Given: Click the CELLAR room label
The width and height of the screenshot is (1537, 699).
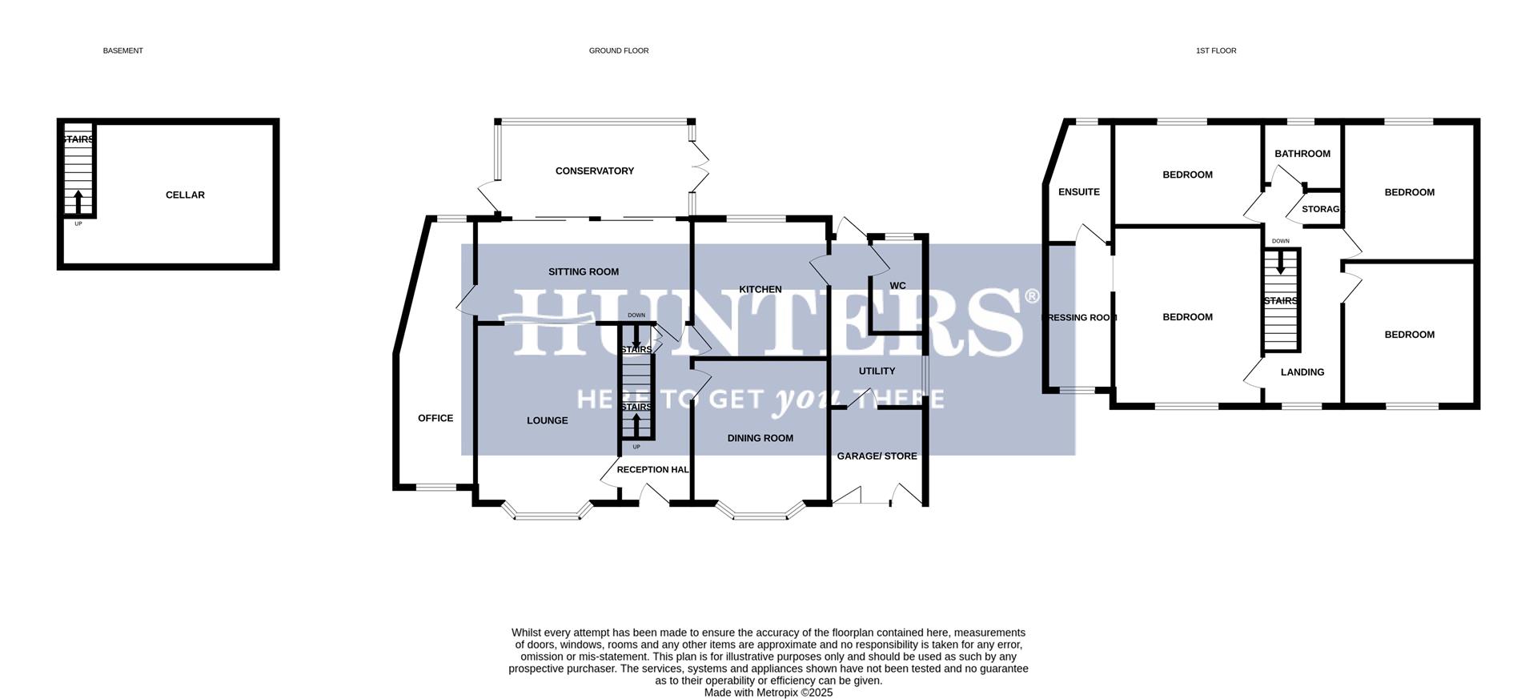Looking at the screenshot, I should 185,195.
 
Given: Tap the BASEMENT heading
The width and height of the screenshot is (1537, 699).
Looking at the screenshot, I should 123,51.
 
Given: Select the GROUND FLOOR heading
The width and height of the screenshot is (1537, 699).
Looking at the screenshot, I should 619,51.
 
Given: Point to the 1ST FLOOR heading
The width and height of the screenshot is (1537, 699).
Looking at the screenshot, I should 1216,51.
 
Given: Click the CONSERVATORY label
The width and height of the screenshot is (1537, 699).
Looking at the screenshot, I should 595,171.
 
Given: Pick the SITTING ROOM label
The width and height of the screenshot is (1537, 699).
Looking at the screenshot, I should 584,272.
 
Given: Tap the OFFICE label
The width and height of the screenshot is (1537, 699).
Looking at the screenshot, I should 435,419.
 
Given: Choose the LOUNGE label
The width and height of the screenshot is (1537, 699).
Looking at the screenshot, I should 548,421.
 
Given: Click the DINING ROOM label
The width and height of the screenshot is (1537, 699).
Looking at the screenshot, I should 760,439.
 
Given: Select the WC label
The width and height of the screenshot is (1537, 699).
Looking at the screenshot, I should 898,286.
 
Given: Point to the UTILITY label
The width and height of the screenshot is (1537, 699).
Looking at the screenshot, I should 877,372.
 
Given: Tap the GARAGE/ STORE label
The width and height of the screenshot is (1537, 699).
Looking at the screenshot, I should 877,456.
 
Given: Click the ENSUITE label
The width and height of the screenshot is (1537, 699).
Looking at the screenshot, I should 1079,192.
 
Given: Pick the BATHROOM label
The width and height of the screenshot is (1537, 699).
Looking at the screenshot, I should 1302,154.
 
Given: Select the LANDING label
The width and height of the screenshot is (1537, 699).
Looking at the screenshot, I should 1302,372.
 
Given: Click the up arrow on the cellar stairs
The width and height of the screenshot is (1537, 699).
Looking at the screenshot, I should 78,200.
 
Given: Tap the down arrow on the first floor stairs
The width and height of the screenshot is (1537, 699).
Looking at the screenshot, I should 1281,263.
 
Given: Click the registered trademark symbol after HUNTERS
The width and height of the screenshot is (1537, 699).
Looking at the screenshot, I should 1032,297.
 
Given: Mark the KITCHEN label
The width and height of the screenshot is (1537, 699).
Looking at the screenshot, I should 760,290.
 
